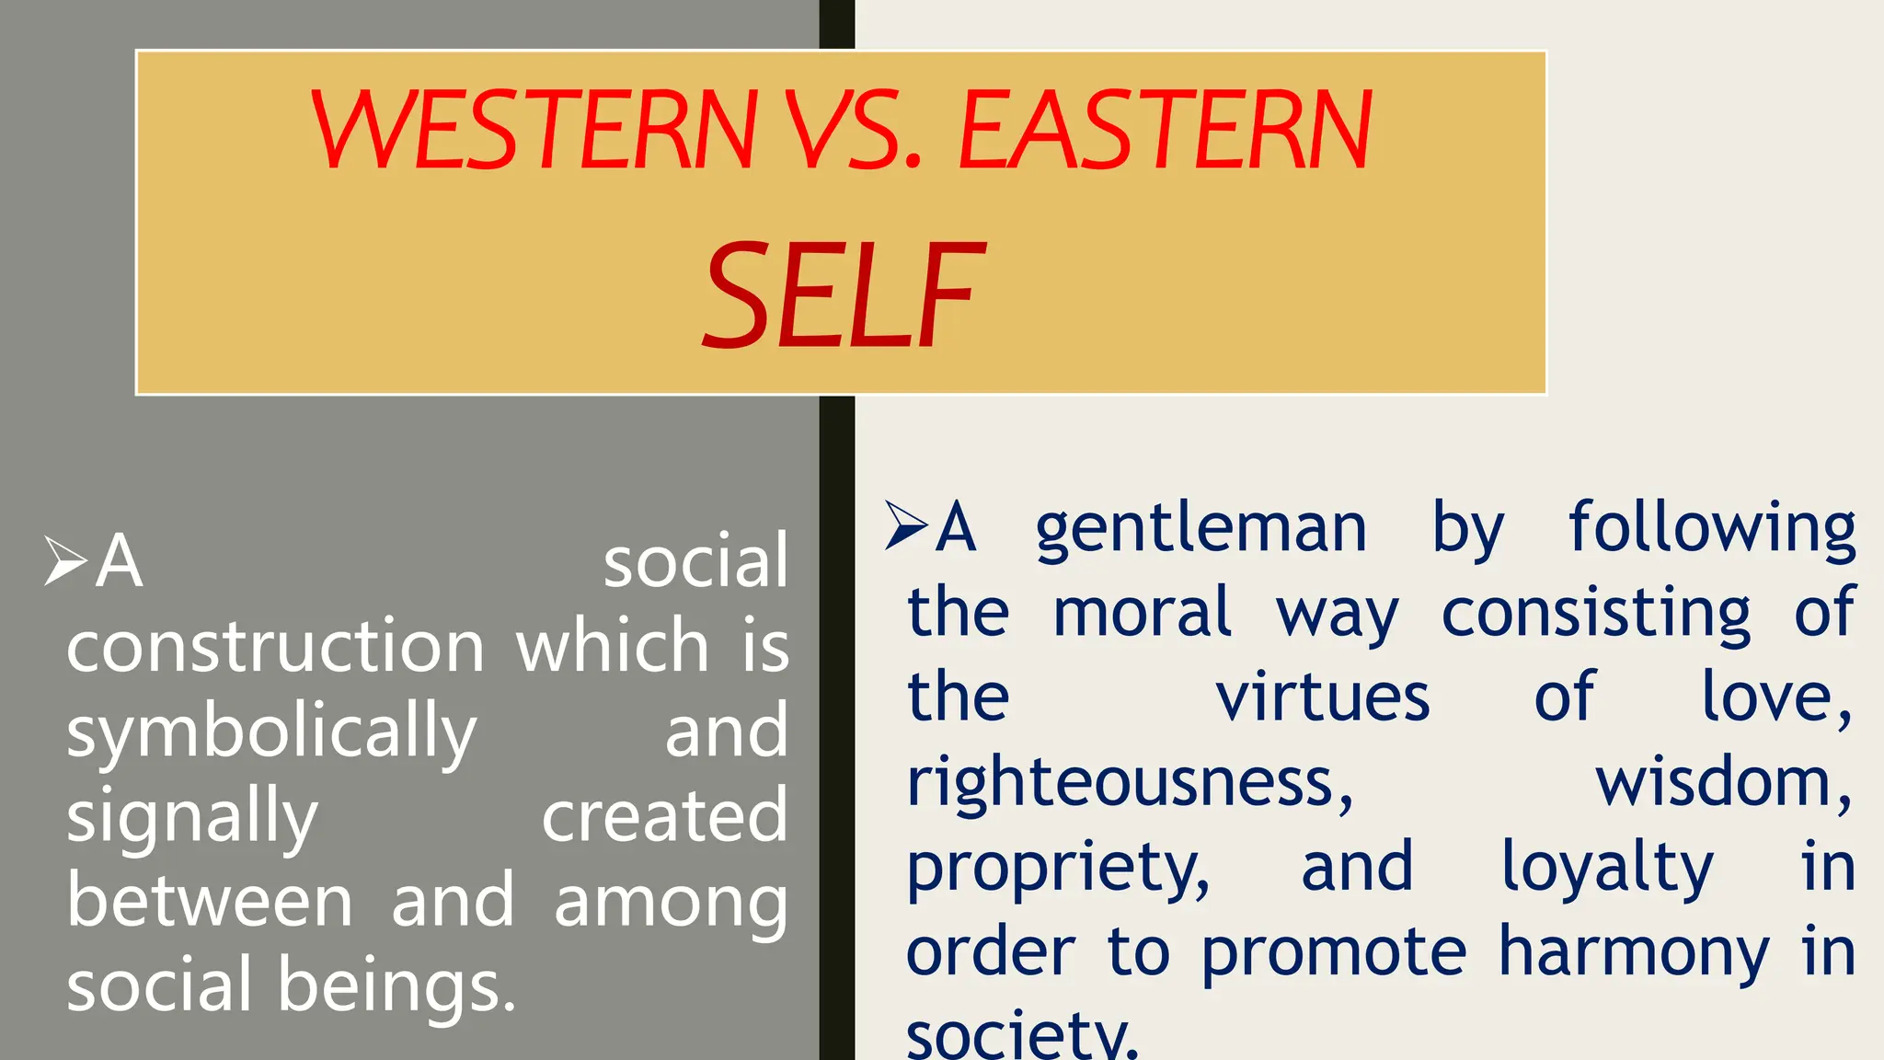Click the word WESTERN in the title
(x=534, y=131)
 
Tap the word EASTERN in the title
(x=1165, y=131)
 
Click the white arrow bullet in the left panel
(x=65, y=560)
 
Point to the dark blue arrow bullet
(x=906, y=525)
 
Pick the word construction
(x=275, y=646)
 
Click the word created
(x=664, y=815)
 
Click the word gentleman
(x=1200, y=528)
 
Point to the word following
(x=1712, y=528)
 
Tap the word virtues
(x=1323, y=697)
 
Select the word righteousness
(x=1130, y=783)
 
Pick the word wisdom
(x=1722, y=782)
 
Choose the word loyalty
(x=1607, y=868)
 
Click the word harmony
(x=1634, y=952)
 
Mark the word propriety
(x=1058, y=868)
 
